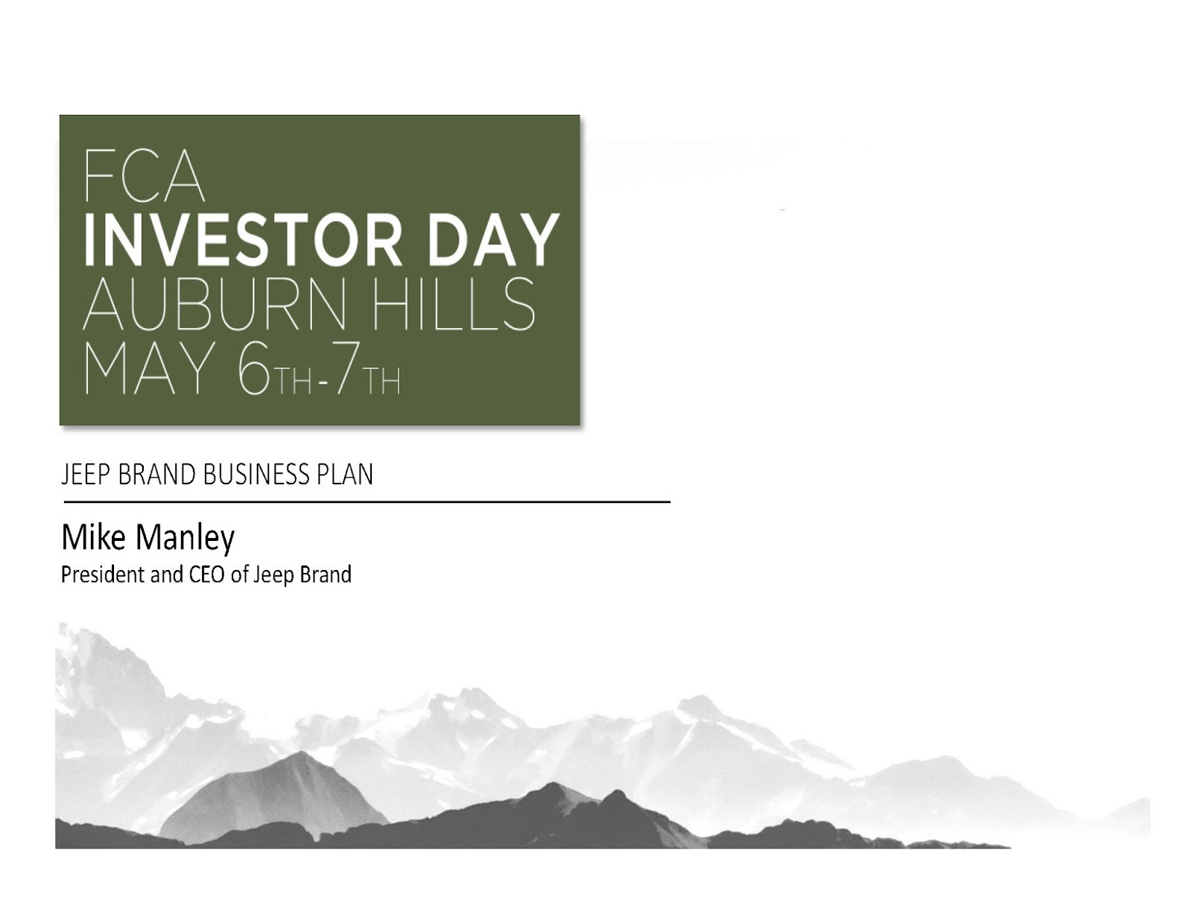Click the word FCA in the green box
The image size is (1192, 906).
pos(144,175)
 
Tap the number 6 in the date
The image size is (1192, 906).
pos(253,368)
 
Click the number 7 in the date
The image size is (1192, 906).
pos(346,368)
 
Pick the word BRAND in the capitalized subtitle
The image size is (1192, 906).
pos(156,474)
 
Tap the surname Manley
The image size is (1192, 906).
pos(186,539)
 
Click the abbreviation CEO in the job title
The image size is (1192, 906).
pos(207,574)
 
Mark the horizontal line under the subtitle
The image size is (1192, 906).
pos(367,502)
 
